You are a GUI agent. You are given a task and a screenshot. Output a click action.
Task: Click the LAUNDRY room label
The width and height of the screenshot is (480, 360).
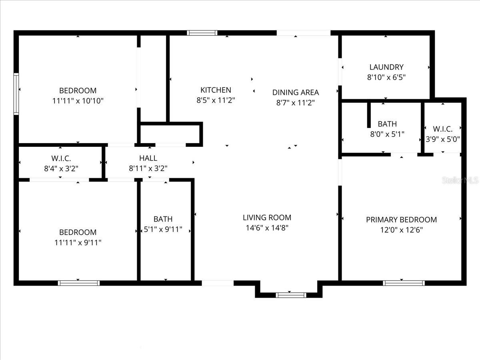386,67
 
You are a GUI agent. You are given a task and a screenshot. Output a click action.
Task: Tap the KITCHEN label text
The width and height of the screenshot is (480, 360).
216,90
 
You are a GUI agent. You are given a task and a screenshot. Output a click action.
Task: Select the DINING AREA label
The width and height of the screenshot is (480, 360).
296,92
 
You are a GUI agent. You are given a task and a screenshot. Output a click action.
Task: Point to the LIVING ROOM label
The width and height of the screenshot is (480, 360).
267,218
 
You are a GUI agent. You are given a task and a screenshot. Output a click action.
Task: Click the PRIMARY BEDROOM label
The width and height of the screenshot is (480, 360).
401,220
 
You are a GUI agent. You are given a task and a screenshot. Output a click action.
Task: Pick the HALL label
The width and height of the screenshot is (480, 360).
148,158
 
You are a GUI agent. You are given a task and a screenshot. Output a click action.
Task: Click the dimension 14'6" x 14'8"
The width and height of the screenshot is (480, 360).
267,228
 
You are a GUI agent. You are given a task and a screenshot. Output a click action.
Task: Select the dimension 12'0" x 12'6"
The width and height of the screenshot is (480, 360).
401,230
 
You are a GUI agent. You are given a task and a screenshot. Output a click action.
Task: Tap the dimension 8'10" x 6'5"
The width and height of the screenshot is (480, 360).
386,78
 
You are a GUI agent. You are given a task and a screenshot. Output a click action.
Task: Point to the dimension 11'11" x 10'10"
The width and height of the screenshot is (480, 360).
78,101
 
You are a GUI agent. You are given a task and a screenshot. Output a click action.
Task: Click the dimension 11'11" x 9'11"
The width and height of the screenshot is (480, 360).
78,242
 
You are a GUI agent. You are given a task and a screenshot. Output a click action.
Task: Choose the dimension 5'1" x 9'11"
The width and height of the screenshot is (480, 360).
163,230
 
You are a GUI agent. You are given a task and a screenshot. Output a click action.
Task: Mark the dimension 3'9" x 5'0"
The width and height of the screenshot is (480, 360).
442,140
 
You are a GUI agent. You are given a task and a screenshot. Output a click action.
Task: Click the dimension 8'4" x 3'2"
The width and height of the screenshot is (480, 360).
61,168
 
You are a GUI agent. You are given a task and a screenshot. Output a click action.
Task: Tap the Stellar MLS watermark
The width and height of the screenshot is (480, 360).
460,180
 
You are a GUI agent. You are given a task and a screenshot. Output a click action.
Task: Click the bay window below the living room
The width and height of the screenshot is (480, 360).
291,295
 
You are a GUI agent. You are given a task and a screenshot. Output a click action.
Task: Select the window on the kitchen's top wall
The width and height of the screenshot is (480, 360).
202,33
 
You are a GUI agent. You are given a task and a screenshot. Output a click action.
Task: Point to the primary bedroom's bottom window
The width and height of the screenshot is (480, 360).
404,283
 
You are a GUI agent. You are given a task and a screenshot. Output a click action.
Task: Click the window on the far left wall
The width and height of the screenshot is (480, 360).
16,94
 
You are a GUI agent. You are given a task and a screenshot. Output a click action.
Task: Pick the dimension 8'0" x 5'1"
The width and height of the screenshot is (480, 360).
387,134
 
